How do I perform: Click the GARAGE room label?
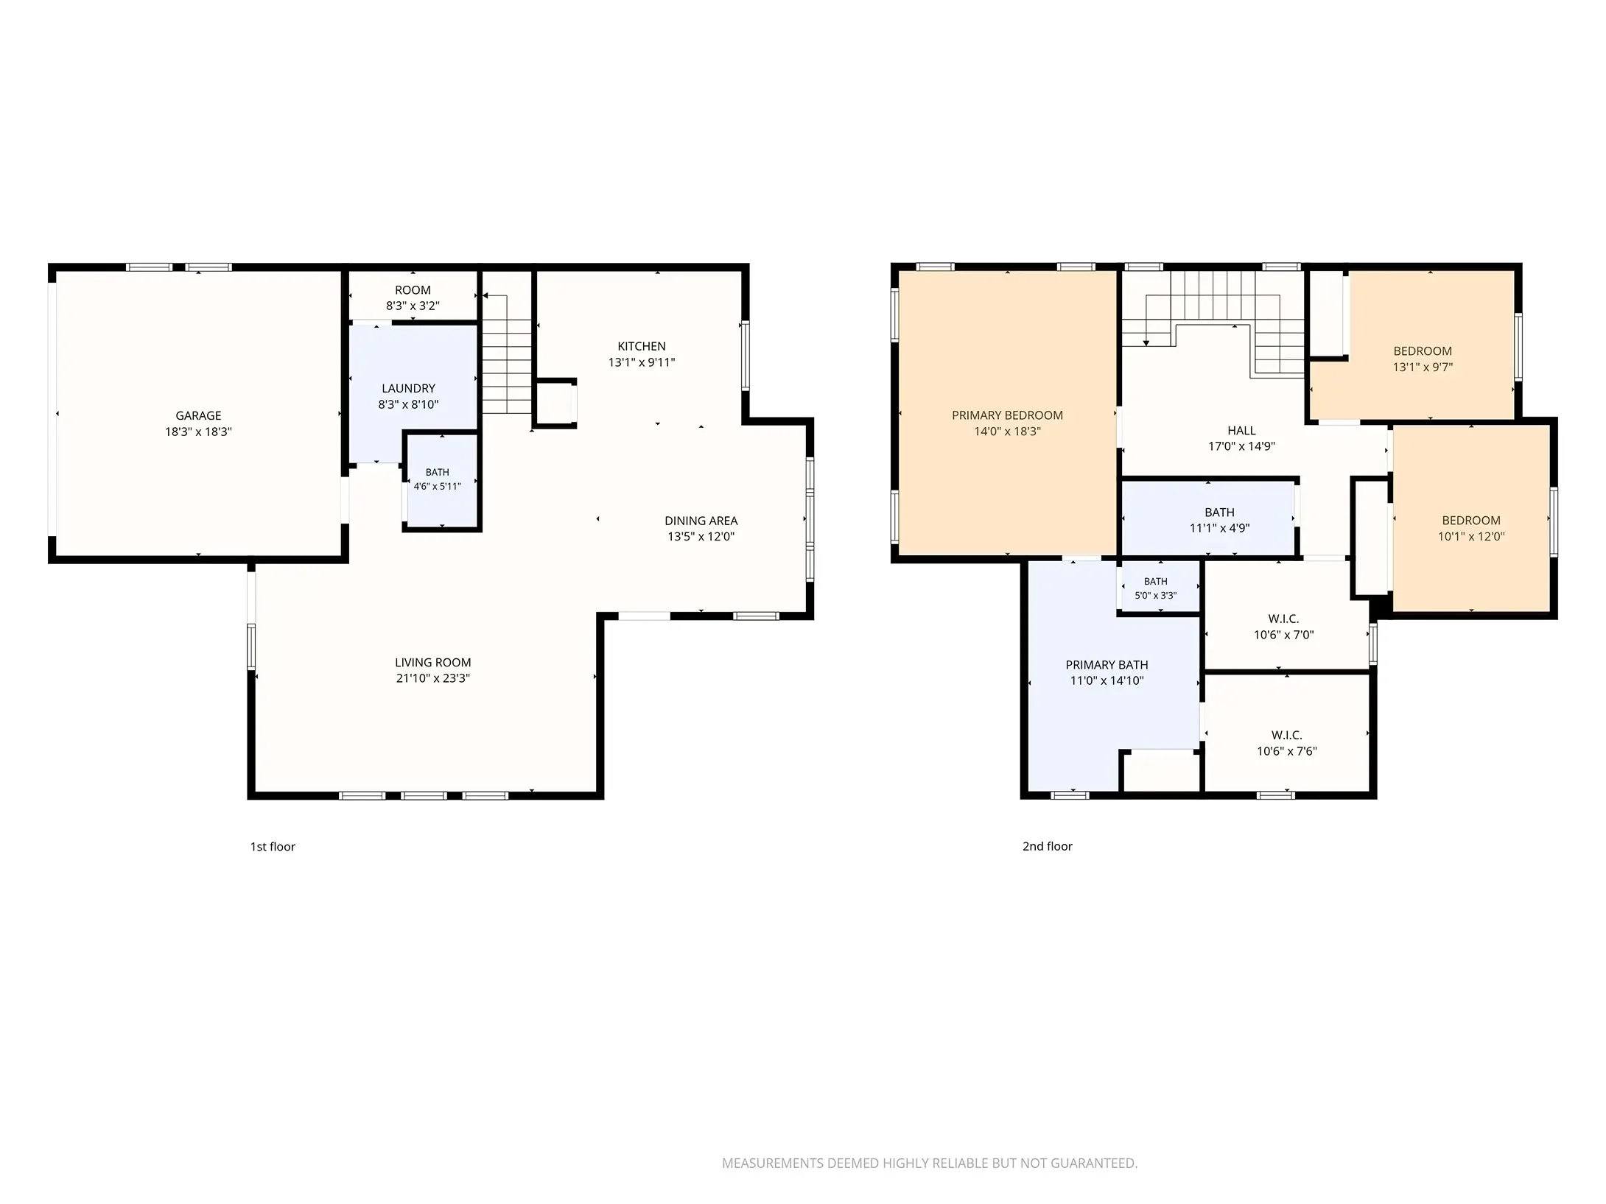pyautogui.click(x=198, y=415)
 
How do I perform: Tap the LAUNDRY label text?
pyautogui.click(x=408, y=388)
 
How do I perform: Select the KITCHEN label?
pyautogui.click(x=642, y=346)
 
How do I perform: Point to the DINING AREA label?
pyautogui.click(x=701, y=521)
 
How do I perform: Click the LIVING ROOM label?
pyautogui.click(x=432, y=663)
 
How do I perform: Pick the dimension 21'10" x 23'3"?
pyautogui.click(x=432, y=678)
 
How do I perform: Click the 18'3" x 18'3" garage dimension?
pyautogui.click(x=198, y=432)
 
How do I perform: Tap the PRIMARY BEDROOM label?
pyautogui.click(x=1007, y=415)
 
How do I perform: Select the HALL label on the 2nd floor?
pyautogui.click(x=1241, y=431)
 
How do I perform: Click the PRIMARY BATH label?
pyautogui.click(x=1107, y=665)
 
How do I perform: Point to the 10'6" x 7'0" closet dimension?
pyautogui.click(x=1283, y=635)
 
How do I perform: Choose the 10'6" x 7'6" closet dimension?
pyautogui.click(x=1286, y=751)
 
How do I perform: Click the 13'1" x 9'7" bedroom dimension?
pyautogui.click(x=1423, y=367)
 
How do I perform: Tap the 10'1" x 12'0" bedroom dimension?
pyautogui.click(x=1471, y=537)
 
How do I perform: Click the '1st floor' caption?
pyautogui.click(x=273, y=847)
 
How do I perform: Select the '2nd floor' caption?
pyautogui.click(x=1047, y=847)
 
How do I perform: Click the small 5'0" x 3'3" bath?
pyautogui.click(x=1155, y=588)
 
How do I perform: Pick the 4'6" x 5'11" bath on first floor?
pyautogui.click(x=437, y=479)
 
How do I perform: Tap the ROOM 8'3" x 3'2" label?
pyautogui.click(x=413, y=298)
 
